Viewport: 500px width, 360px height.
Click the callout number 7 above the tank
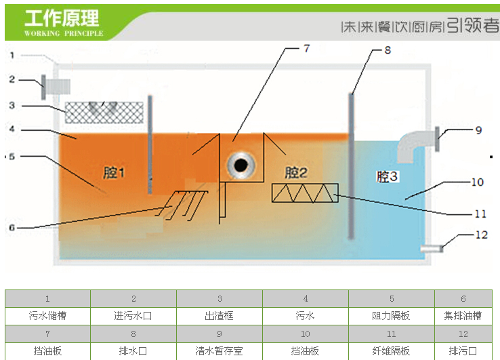click(x=306, y=49)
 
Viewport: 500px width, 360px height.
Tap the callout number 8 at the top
click(x=388, y=50)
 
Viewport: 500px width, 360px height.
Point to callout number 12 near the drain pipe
click(x=482, y=235)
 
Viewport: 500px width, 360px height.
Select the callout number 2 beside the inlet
click(x=12, y=79)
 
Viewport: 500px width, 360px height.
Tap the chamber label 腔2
click(x=295, y=172)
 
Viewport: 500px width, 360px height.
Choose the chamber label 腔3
click(x=388, y=177)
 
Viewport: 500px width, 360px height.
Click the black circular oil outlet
click(x=241, y=164)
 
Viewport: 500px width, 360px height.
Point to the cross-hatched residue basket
click(x=104, y=112)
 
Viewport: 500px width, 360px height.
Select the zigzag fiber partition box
click(x=301, y=193)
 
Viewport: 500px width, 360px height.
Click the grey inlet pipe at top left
click(x=57, y=86)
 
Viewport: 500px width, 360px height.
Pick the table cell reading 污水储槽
click(x=47, y=316)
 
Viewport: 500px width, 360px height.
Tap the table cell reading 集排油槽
click(x=463, y=316)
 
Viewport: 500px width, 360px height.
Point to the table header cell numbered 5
click(x=392, y=298)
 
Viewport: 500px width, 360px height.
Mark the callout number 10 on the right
click(x=478, y=182)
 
